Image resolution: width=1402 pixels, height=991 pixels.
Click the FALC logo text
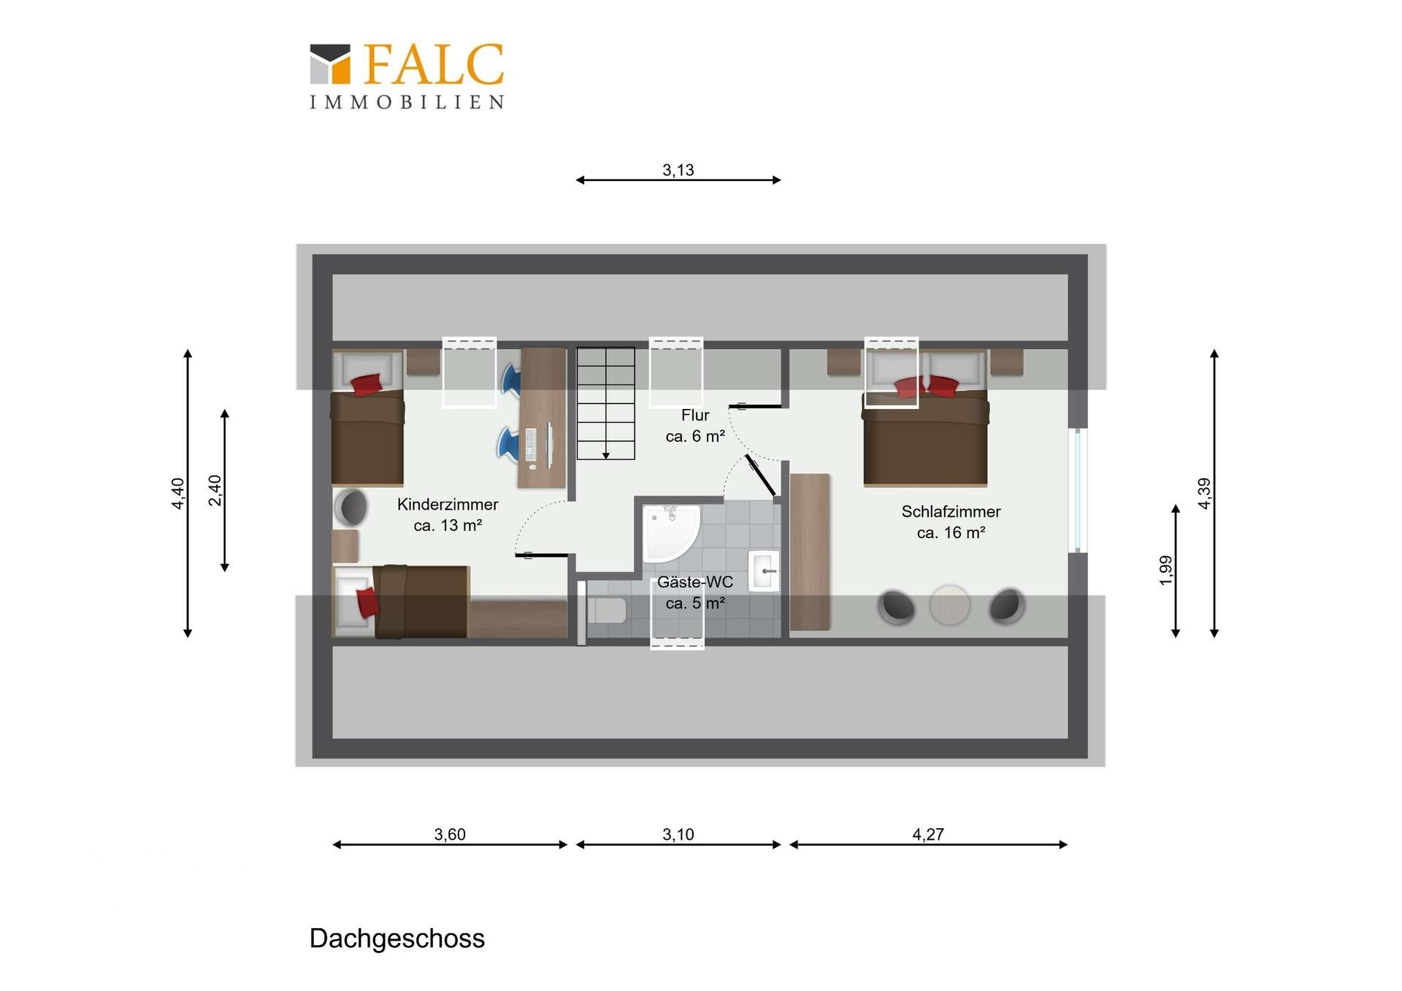click(x=433, y=64)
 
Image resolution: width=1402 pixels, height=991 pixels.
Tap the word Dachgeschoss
click(x=397, y=939)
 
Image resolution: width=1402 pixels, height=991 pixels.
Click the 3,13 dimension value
click(x=678, y=170)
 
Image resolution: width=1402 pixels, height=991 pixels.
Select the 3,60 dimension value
click(x=450, y=834)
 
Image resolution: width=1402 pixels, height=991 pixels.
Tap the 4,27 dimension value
click(x=928, y=834)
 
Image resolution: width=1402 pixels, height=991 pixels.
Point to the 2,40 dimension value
click(x=215, y=490)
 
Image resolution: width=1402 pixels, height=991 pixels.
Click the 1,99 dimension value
click(x=1165, y=570)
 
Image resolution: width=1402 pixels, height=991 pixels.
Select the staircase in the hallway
click(x=605, y=403)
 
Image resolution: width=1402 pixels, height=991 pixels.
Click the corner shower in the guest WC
click(x=670, y=533)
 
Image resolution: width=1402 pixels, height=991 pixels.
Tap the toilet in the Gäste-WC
click(x=607, y=610)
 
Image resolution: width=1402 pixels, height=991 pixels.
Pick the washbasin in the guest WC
click(x=764, y=570)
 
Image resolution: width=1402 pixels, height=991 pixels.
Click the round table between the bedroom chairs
click(x=949, y=605)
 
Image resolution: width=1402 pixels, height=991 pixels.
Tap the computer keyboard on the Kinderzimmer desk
click(x=531, y=445)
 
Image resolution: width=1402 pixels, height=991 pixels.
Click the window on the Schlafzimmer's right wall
click(x=1078, y=490)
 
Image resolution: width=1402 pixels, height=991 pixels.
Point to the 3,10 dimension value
click(x=678, y=834)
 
